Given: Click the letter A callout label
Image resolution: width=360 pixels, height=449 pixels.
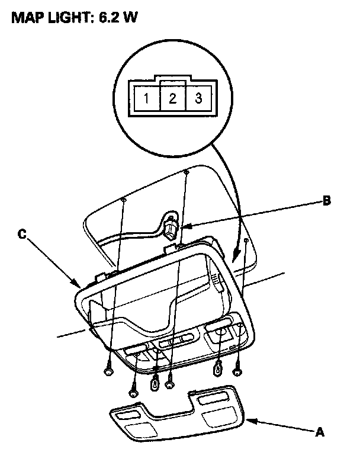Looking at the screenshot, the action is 320,433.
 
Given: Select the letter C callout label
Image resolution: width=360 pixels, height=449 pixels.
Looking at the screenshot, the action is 22,235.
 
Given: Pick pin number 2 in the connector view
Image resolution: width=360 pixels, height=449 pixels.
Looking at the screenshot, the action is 172,98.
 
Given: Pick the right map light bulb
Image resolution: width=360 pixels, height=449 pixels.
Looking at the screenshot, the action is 218,370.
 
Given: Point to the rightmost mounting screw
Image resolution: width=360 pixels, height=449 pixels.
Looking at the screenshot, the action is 238,373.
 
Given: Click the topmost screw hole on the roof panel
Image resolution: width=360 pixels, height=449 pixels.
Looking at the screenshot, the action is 186,172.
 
